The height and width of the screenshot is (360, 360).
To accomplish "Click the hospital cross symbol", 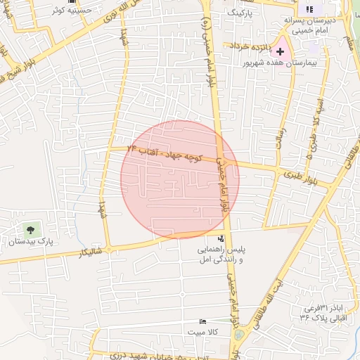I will tap(281, 51).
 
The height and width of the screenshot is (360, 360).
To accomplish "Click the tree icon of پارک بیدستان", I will tap(30, 229).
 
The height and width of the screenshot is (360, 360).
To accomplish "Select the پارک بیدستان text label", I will tap(30, 242).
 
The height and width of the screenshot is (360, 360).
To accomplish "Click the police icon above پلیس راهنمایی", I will tap(221, 238).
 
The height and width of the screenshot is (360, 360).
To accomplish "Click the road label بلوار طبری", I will tap(297, 174).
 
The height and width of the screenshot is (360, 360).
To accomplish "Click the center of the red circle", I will tap(180, 179).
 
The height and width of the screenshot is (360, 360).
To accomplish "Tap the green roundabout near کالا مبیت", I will tap(239, 333).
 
